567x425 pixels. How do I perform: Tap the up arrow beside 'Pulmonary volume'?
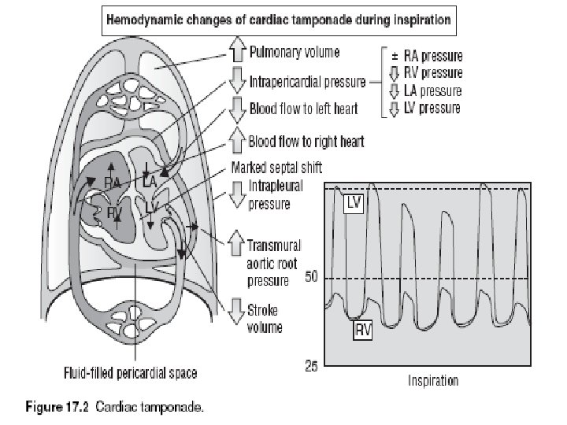click(237, 53)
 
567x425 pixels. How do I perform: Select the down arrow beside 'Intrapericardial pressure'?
click(237, 80)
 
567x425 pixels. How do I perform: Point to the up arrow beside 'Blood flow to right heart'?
click(237, 142)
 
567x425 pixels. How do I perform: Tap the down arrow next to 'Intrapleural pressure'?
click(237, 195)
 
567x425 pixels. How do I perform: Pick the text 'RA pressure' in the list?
click(432, 56)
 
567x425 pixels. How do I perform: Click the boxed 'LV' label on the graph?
click(354, 202)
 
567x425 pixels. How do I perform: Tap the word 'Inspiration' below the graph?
click(433, 382)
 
